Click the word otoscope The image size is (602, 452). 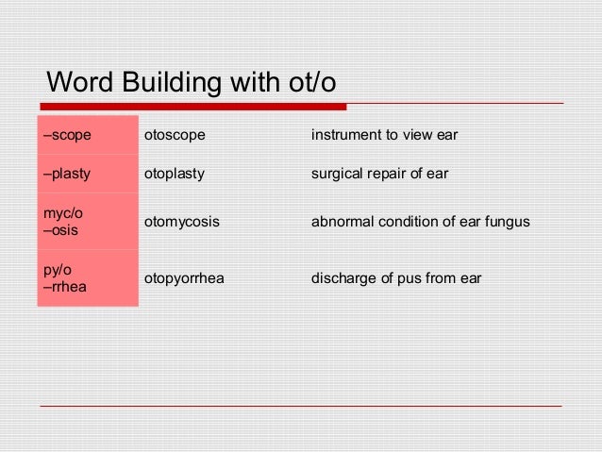coord(174,135)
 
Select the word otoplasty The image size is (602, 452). coord(174,174)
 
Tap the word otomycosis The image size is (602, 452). coord(181,222)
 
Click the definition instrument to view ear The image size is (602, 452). coord(384,135)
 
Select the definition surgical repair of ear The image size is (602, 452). coord(379,174)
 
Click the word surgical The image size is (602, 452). coord(337,174)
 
